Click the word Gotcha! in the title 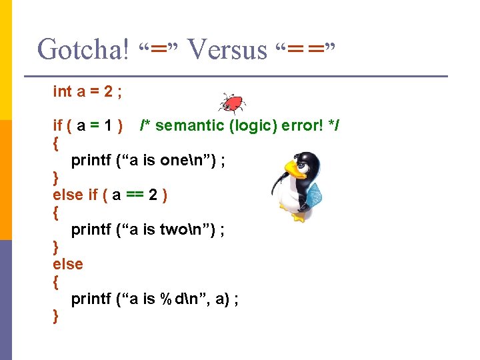[83, 49]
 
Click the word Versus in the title [227, 49]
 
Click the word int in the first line [62, 91]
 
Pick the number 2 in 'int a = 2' [109, 91]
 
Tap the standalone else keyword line [68, 264]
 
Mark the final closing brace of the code [56, 316]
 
